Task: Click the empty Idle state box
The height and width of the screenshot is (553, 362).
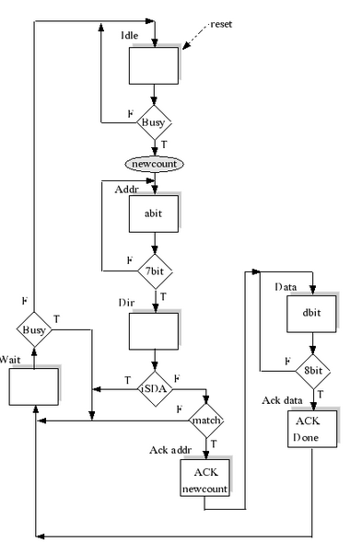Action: pyautogui.click(x=153, y=66)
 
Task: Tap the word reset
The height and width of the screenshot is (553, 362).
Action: pyautogui.click(x=220, y=24)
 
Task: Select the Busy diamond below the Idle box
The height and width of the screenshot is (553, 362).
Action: pyautogui.click(x=154, y=121)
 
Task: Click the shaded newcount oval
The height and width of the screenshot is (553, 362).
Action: pyautogui.click(x=154, y=163)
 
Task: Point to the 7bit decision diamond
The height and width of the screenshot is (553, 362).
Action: pyautogui.click(x=154, y=271)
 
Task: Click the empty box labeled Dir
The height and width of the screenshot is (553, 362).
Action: pyautogui.click(x=153, y=332)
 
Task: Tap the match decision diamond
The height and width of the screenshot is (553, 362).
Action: pyautogui.click(x=206, y=421)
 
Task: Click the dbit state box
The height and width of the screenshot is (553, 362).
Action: pyautogui.click(x=312, y=313)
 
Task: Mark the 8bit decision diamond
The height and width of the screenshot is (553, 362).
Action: pyautogui.click(x=313, y=370)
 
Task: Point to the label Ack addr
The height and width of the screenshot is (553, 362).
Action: pyautogui.click(x=169, y=451)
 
